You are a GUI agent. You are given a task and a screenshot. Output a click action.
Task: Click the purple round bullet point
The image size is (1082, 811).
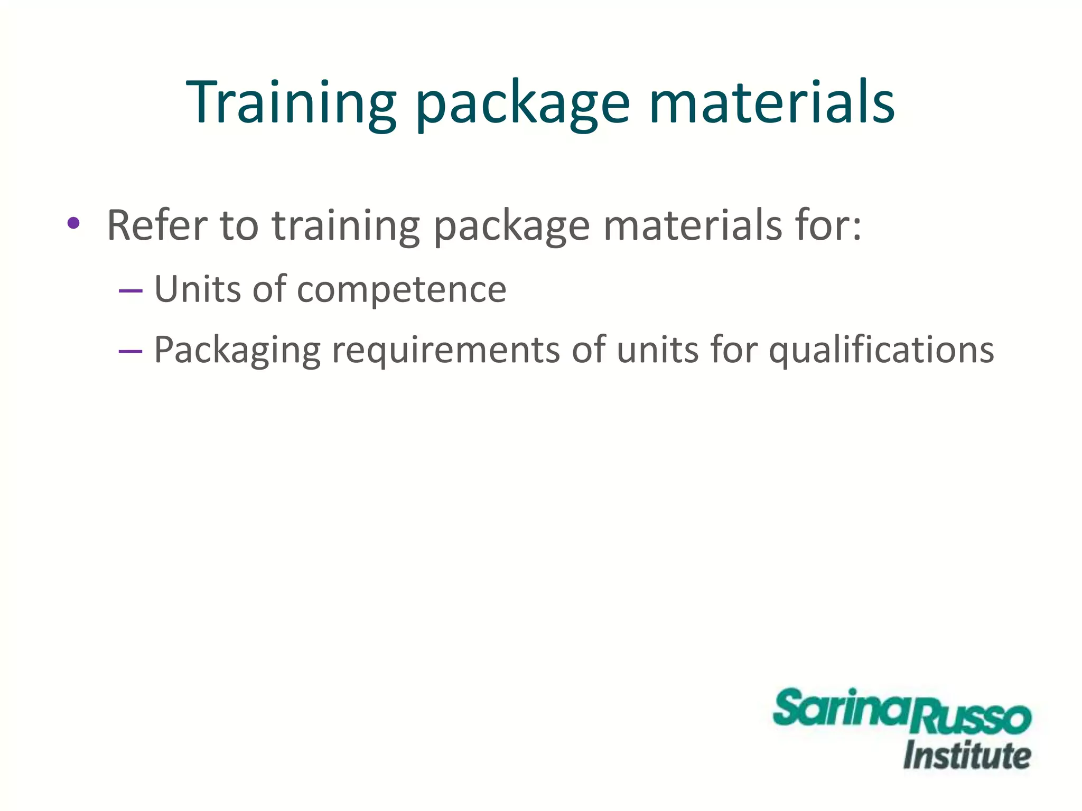pos(73,223)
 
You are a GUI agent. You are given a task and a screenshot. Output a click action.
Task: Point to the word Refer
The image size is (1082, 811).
pos(157,225)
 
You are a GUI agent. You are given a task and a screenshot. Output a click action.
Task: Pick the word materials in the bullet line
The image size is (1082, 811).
pos(692,225)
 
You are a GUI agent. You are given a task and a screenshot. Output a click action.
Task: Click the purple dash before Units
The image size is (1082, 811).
pos(130,291)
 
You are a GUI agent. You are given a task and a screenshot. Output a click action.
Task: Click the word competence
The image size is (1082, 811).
pos(402,291)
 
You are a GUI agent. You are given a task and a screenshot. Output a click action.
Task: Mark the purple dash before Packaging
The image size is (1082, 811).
pos(130,351)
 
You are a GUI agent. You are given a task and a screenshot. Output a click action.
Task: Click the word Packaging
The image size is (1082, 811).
pos(237,351)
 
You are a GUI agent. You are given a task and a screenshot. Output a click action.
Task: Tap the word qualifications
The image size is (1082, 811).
pos(881,351)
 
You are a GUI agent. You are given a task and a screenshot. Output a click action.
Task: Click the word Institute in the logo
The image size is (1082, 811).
pos(967,756)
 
